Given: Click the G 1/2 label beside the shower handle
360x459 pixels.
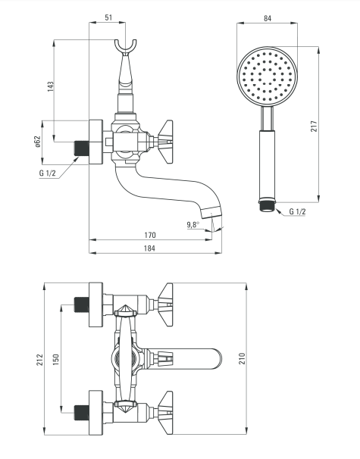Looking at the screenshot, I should [x=297, y=211].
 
